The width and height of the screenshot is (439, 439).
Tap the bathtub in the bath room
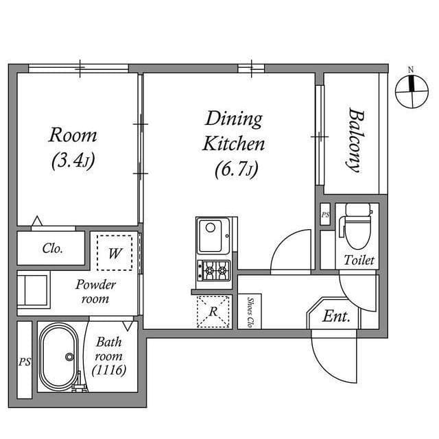[58, 357]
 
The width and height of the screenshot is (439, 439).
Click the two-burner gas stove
[213, 270]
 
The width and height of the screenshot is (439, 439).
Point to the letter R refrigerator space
[213, 311]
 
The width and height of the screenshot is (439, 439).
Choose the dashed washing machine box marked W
[115, 253]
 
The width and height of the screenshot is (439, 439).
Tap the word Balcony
[356, 140]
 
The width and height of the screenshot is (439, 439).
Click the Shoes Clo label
[250, 312]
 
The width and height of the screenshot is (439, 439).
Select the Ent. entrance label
[336, 316]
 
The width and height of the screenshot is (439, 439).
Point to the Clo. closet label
[52, 248]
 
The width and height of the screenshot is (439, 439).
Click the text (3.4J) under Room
[73, 161]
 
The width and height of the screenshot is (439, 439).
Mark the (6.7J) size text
[237, 169]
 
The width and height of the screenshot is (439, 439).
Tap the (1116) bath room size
[109, 370]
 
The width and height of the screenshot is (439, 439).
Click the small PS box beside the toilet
[325, 215]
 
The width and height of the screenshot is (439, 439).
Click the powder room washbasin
[34, 289]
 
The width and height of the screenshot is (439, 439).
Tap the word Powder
[95, 285]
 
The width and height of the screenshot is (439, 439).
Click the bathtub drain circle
[69, 357]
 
